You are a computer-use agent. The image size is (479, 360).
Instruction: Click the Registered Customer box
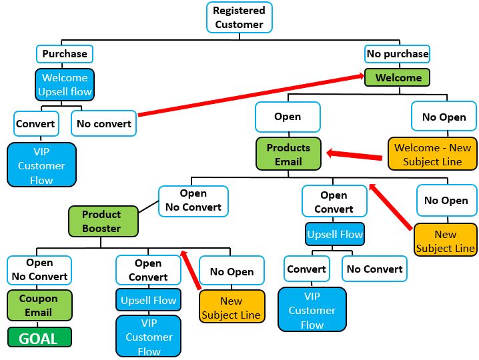[x=239, y=17]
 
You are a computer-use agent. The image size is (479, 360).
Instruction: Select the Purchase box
[x=64, y=53]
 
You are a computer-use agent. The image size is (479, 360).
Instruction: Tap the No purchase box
[x=398, y=53]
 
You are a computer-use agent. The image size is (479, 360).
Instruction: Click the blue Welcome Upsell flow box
[x=65, y=85]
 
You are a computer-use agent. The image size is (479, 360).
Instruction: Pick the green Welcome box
[x=398, y=77]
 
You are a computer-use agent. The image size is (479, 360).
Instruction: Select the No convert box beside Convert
[x=103, y=123]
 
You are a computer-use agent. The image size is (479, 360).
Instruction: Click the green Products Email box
[x=288, y=154]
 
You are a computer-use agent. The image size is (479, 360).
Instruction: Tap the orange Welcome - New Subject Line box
[x=432, y=155]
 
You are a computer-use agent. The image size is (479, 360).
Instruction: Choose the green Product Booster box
[x=102, y=221]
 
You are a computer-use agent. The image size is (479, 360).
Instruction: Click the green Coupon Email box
[x=39, y=305]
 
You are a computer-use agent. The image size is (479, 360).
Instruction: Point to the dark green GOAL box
[x=39, y=338]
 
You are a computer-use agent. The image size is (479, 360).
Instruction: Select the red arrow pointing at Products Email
[x=356, y=156]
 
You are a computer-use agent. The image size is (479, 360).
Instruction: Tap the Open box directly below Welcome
[x=288, y=117]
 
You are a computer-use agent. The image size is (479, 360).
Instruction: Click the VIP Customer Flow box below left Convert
[x=41, y=165]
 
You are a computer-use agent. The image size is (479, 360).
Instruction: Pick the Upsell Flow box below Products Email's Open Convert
[x=334, y=234]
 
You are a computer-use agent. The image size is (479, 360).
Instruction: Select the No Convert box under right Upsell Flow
[x=374, y=269]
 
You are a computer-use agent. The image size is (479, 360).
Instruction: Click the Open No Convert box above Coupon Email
[x=39, y=269]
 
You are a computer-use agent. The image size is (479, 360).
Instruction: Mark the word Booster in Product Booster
[x=101, y=229]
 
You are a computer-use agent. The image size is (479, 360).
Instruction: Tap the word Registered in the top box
[x=239, y=11]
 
